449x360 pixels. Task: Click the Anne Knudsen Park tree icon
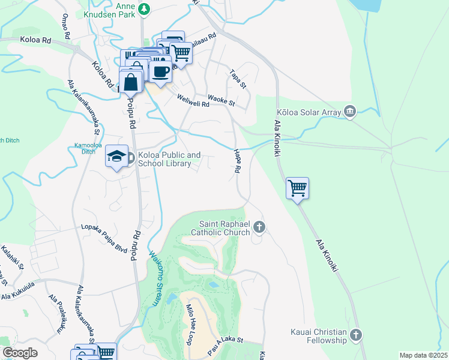click(x=143, y=9)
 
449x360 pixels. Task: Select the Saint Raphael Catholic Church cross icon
click(x=259, y=227)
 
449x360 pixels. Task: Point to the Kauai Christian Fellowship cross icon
click(x=356, y=335)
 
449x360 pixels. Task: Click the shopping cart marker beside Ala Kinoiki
click(x=297, y=188)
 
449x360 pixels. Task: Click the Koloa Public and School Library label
click(x=169, y=159)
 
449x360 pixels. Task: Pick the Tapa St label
click(x=238, y=79)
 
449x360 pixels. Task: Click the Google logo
click(x=20, y=353)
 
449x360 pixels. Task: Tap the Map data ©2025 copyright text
click(x=423, y=355)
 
